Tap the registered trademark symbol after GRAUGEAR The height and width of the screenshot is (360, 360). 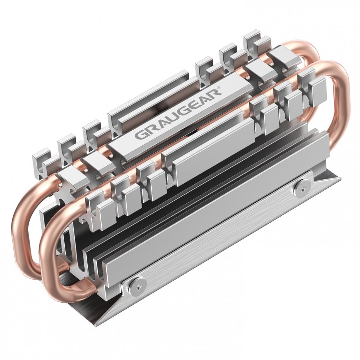(x=219, y=87)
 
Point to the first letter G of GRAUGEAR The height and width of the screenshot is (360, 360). (x=140, y=135)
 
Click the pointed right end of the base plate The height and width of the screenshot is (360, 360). (x=339, y=178)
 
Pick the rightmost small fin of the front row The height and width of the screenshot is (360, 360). (x=316, y=87)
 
